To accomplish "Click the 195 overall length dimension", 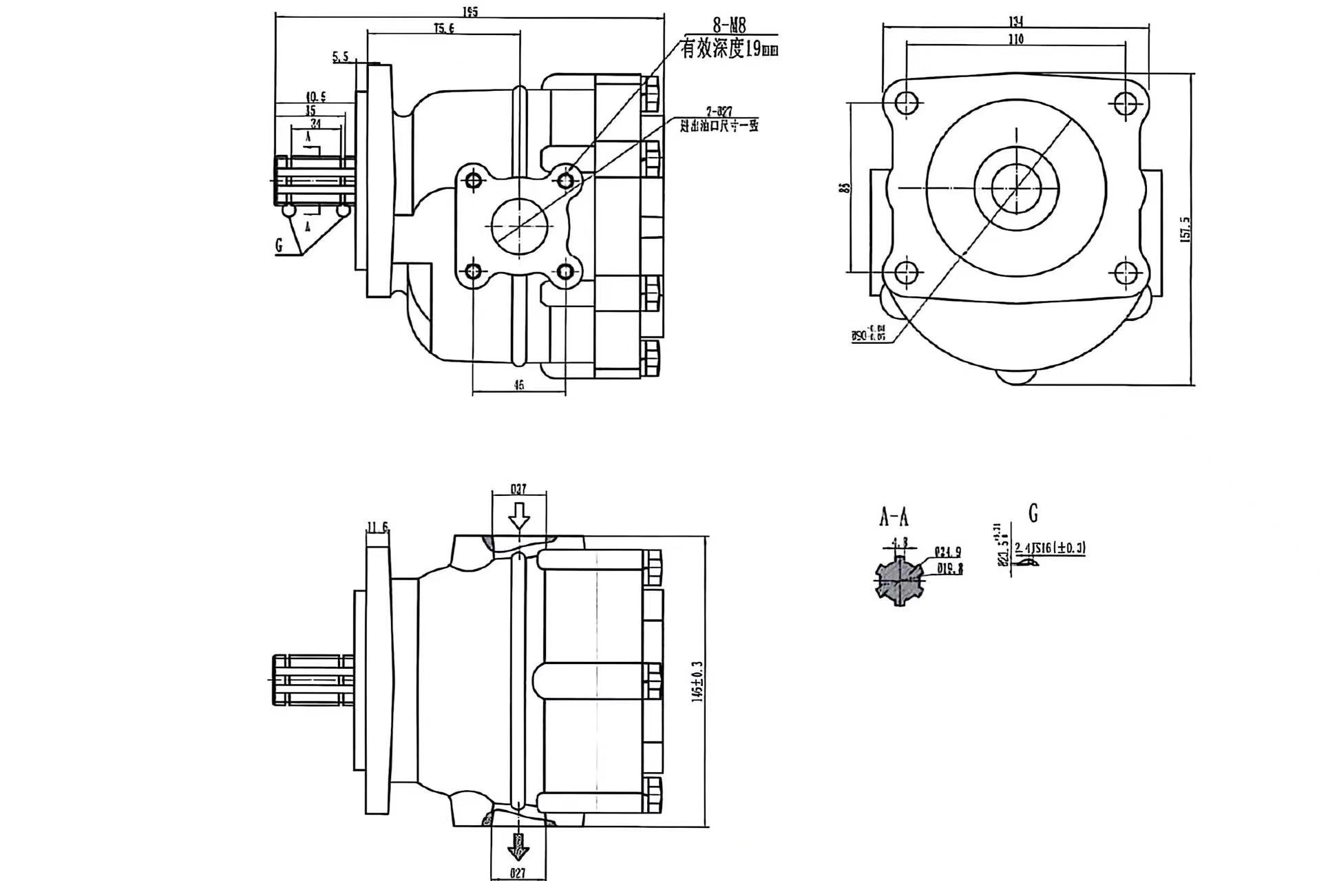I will tap(470, 12).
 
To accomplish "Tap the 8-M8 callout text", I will tap(729, 27).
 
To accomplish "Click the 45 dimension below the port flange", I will tap(518, 386).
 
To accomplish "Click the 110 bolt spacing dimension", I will tap(1016, 39).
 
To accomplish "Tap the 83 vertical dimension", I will tap(846, 187).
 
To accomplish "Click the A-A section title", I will tap(894, 517).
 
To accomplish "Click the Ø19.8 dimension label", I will tap(949, 569).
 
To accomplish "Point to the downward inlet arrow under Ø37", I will tap(518, 515).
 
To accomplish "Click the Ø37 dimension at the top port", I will tap(518, 489).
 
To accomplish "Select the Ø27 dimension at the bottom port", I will tap(518, 873).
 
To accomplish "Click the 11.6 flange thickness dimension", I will tap(377, 528).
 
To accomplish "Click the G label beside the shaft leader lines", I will tap(280, 245).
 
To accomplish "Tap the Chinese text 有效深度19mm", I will tap(729, 50).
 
